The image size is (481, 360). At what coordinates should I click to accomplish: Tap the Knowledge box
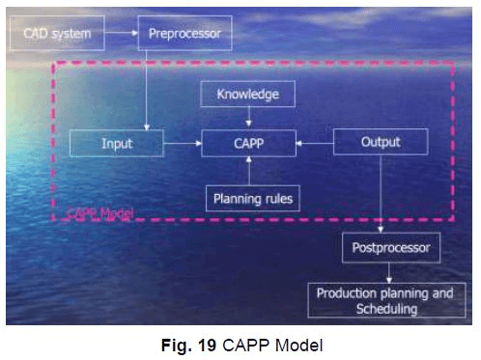[x=247, y=94]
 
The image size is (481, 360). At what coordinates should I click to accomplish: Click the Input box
[x=116, y=144]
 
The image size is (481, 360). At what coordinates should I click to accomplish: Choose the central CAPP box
[x=247, y=144]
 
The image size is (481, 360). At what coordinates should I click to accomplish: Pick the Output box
[x=380, y=144]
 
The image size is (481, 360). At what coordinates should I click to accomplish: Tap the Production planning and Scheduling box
[x=384, y=301]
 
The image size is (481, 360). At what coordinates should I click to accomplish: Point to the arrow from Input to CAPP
[x=182, y=144]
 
